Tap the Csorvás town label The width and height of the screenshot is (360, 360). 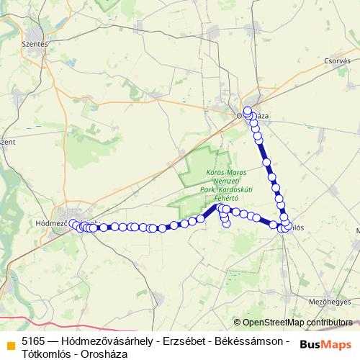click(x=336, y=61)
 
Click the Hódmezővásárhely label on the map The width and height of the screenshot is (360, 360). click(x=52, y=224)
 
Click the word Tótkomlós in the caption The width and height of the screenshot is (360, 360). click(x=47, y=354)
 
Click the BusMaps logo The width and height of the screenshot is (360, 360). click(x=325, y=345)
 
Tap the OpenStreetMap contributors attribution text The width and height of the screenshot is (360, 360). click(x=297, y=323)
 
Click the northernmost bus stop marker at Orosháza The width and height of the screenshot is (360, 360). click(x=248, y=111)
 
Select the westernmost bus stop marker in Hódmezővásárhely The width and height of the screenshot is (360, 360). click(x=73, y=224)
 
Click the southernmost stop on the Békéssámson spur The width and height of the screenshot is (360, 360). click(x=226, y=222)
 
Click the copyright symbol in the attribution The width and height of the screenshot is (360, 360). click(x=238, y=323)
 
